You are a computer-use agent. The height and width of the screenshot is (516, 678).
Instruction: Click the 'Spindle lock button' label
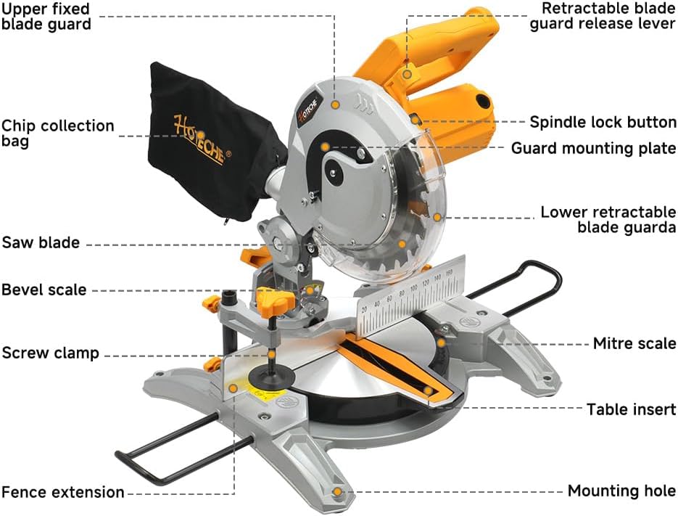coord(603,122)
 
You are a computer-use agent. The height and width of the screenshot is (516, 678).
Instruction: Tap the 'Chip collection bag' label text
coord(57,133)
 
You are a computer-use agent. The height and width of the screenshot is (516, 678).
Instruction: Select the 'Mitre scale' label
coord(634,343)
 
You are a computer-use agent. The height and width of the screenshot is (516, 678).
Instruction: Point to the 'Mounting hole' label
coord(621,491)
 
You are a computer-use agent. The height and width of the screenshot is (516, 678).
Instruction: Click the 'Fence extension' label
coord(63,492)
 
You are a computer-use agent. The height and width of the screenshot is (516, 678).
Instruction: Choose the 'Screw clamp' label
coord(50,353)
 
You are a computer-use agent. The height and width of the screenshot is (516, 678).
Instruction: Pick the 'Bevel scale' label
coord(44,290)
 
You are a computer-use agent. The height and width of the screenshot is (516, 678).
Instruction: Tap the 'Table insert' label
coord(631,409)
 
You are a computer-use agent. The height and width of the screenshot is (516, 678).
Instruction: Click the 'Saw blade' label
coord(41,242)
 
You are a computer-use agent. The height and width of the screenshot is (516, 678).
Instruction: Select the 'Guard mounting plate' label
coord(593,148)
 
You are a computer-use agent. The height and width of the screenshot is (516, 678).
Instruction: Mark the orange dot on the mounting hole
coord(336,492)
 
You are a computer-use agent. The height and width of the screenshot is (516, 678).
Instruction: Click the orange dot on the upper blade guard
coord(335,105)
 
